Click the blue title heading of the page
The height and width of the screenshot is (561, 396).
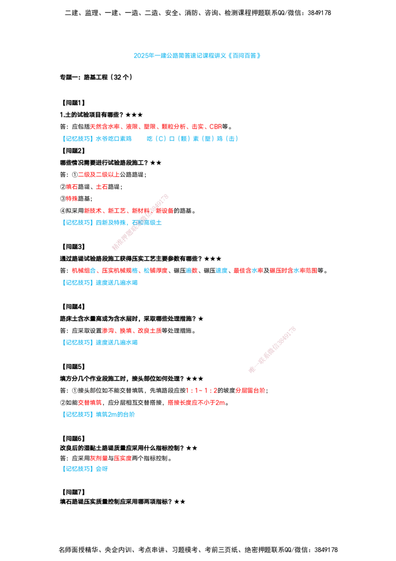(x=196, y=56)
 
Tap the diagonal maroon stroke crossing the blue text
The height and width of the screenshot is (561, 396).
(x=140, y=222)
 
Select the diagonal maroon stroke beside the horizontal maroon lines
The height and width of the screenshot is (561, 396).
(x=272, y=349)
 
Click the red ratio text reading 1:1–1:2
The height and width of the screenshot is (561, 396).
(x=201, y=391)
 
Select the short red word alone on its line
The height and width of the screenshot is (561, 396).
(x=72, y=198)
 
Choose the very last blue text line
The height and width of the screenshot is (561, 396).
(x=86, y=468)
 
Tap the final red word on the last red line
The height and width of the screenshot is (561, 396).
(x=122, y=459)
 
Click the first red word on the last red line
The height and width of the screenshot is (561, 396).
(x=99, y=459)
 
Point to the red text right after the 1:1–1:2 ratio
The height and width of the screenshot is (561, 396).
(x=250, y=391)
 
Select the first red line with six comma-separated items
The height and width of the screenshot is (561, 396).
(x=155, y=127)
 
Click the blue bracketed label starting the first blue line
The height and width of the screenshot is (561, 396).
(x=78, y=139)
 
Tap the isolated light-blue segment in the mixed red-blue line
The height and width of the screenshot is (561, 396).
(x=222, y=270)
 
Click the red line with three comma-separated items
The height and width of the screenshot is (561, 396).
(x=132, y=331)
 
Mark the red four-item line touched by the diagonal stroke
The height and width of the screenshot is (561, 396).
(x=128, y=211)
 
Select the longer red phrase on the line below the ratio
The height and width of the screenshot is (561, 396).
(x=196, y=403)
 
